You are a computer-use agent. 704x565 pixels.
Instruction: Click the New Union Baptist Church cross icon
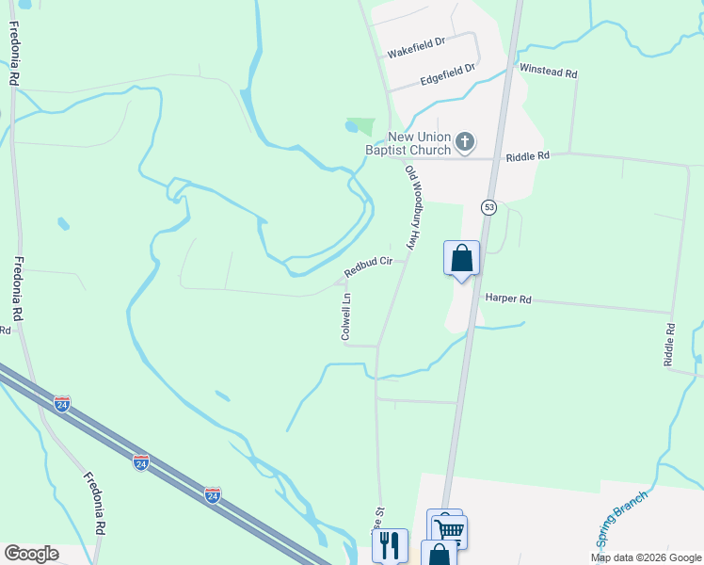click(464, 143)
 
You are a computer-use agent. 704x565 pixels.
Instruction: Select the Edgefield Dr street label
click(447, 71)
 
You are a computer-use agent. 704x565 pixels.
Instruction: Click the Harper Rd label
click(508, 299)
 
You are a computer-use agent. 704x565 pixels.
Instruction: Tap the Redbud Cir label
click(367, 268)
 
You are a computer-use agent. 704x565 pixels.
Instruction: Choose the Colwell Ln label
click(346, 316)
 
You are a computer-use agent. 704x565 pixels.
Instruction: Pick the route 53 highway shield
click(488, 206)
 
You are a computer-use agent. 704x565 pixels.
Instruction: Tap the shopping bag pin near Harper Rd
click(461, 258)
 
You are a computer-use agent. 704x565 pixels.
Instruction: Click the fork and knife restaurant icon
click(390, 544)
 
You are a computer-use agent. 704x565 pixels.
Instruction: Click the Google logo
click(31, 554)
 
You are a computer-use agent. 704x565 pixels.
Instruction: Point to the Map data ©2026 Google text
click(646, 557)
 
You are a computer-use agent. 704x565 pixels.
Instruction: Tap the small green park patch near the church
click(360, 126)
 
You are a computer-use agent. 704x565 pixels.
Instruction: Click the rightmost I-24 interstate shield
click(213, 494)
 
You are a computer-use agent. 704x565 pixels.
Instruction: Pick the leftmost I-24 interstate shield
click(62, 404)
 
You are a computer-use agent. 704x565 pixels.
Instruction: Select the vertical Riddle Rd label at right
click(670, 345)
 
